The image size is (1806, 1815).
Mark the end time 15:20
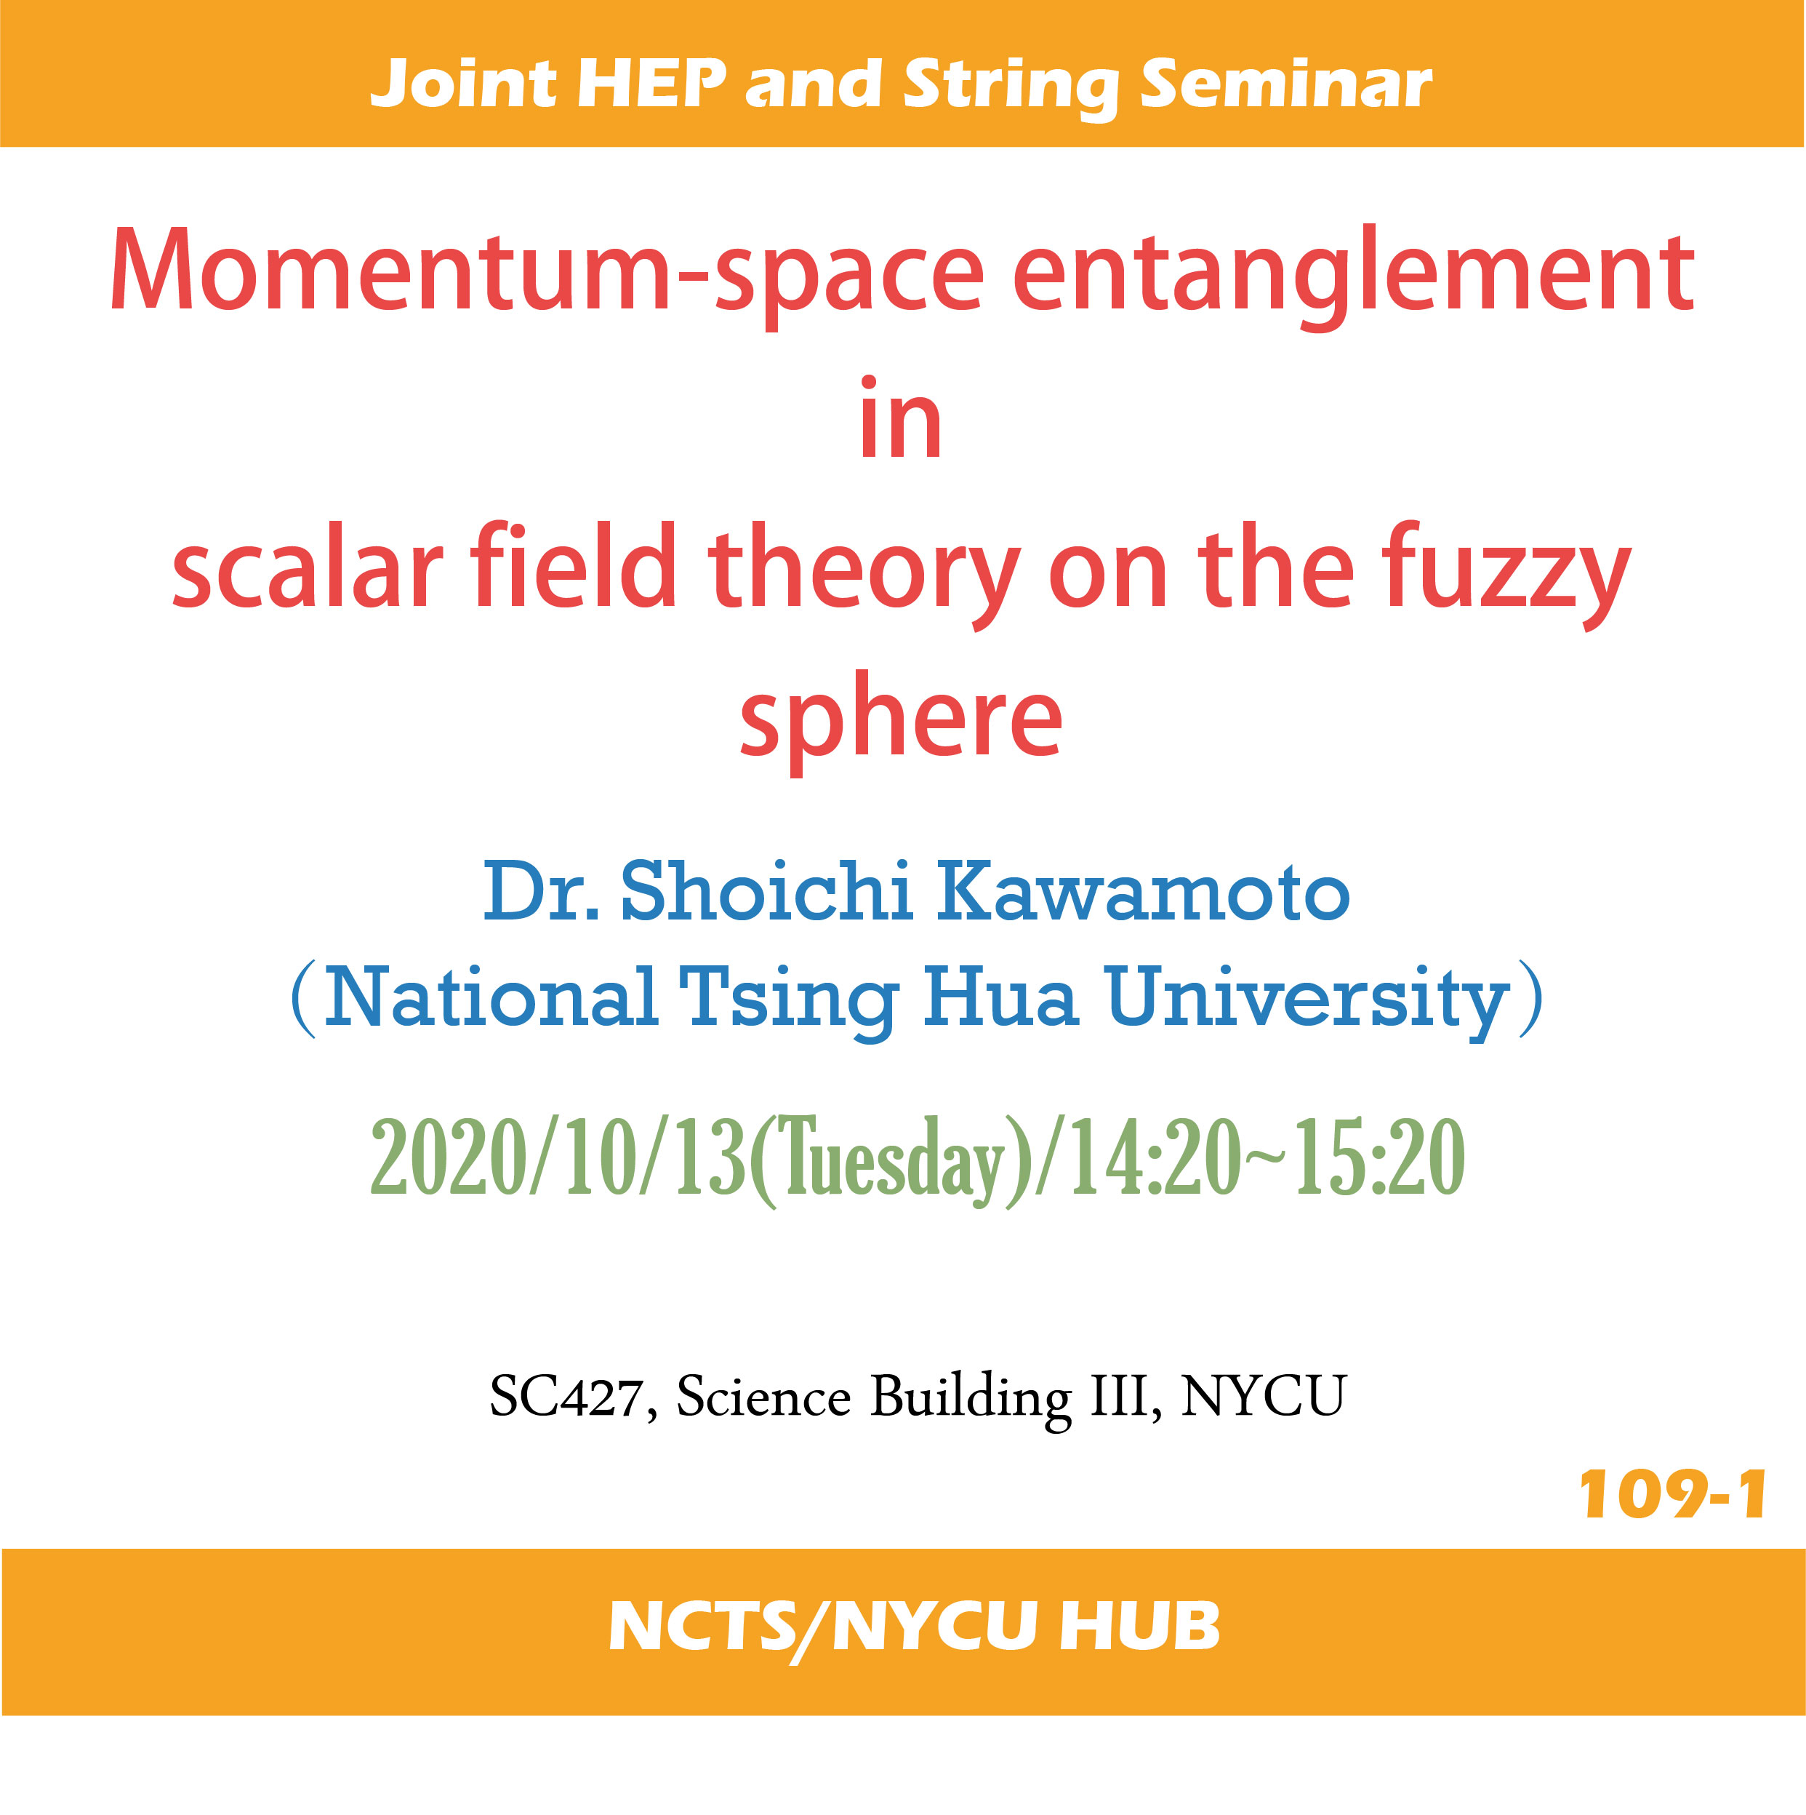(x=1380, y=1157)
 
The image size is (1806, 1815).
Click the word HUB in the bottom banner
(x=1139, y=1626)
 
